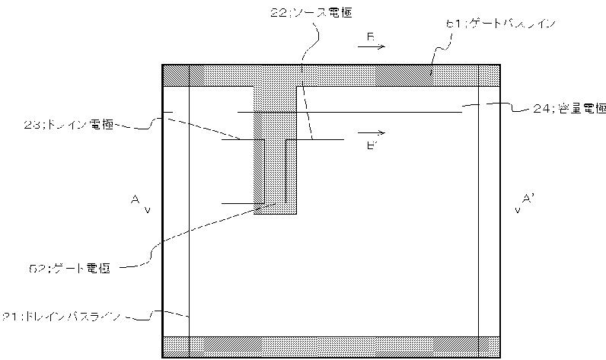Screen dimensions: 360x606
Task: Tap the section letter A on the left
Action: point(134,199)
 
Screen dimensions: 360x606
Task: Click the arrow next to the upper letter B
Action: point(371,46)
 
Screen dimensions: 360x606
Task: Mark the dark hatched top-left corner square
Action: point(176,76)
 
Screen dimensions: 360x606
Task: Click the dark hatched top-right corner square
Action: point(488,76)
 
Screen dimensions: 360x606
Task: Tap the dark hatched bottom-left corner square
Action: point(176,346)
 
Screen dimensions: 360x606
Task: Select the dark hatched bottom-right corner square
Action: point(488,346)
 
